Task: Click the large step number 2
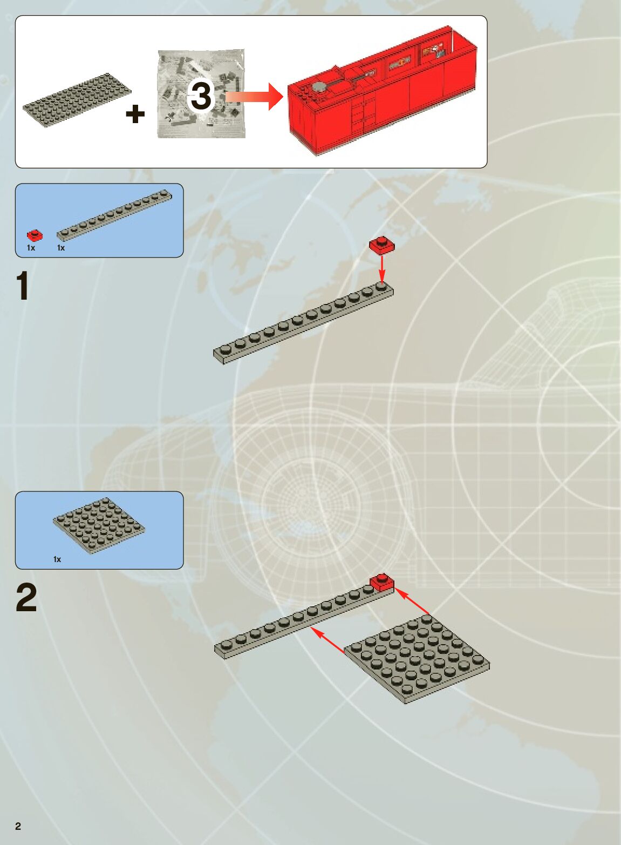pyautogui.click(x=26, y=597)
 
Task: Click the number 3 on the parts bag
pyautogui.click(x=201, y=95)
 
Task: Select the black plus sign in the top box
pyautogui.click(x=135, y=114)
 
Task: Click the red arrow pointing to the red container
pyautogui.click(x=255, y=97)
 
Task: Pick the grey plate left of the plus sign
pyautogui.click(x=77, y=99)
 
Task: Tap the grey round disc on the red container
pyautogui.click(x=321, y=87)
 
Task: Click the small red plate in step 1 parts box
pyautogui.click(x=35, y=235)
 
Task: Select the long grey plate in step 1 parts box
pyautogui.click(x=114, y=215)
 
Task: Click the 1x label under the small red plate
pyautogui.click(x=31, y=248)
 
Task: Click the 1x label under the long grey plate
pyautogui.click(x=61, y=248)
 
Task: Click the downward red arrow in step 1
pyautogui.click(x=382, y=269)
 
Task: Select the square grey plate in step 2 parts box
pyautogui.click(x=99, y=525)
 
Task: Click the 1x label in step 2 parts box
pyautogui.click(x=57, y=559)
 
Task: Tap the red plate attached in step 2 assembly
pyautogui.click(x=382, y=583)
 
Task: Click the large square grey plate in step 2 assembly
pyautogui.click(x=417, y=659)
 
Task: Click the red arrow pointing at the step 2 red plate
pyautogui.click(x=412, y=601)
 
